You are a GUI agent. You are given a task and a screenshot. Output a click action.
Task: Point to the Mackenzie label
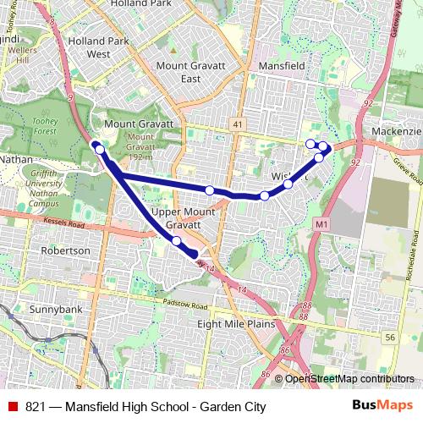click(396, 133)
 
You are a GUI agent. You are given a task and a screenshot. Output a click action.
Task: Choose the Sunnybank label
click(52, 310)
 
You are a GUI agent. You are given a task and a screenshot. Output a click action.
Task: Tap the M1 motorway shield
click(320, 223)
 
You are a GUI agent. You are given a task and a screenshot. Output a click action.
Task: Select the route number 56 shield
click(389, 337)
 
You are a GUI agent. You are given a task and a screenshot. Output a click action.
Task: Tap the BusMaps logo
click(383, 406)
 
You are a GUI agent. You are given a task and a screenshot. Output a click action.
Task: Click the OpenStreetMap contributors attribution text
click(350, 378)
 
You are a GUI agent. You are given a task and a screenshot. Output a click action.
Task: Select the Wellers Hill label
click(16, 58)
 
